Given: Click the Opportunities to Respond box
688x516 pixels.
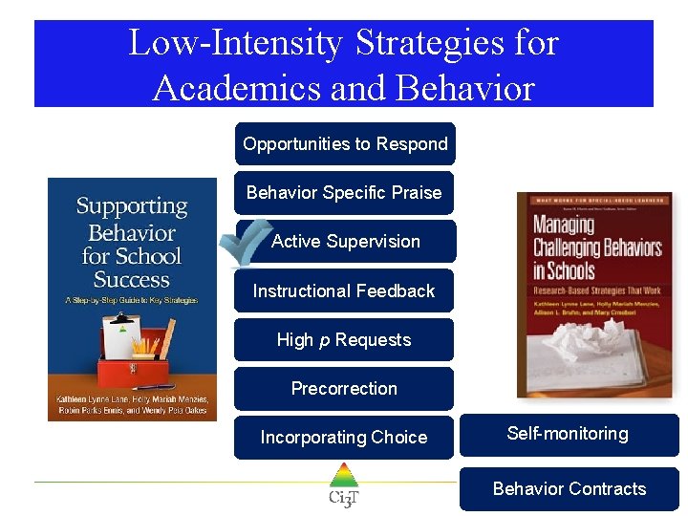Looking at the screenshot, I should (345, 144).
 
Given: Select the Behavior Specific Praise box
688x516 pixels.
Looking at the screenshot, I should (344, 193).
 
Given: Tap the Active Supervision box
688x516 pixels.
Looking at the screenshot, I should (346, 242).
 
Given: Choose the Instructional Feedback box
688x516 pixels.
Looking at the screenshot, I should (344, 290).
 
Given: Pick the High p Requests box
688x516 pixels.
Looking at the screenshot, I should (344, 340).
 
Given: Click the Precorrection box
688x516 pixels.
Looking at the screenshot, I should (344, 389).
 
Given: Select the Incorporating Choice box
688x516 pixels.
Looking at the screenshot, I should (344, 438).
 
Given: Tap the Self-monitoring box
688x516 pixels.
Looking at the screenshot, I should (569, 434).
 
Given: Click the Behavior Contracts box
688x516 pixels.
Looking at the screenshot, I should (570, 489).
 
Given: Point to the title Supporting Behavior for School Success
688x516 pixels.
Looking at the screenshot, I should (132, 243).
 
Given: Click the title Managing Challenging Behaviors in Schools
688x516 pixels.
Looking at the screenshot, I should (596, 248).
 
